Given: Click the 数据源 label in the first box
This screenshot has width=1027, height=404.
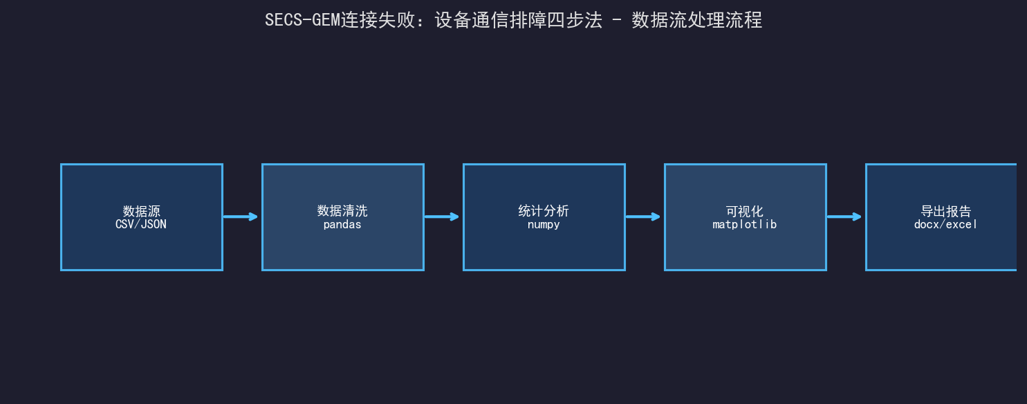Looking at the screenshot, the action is pos(142,212).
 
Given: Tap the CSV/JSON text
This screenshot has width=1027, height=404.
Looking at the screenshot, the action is pos(141,224).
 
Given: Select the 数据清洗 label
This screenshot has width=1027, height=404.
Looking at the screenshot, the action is pos(342,211).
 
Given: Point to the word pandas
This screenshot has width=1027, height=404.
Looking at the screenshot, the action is pos(342,225).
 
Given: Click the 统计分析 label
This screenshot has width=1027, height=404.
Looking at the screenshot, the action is pos(544,211).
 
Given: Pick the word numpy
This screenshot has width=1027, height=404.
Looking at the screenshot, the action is pos(544,225).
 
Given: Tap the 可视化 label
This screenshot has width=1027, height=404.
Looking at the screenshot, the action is pos(745,212).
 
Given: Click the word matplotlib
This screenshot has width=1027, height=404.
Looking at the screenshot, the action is pos(745,224).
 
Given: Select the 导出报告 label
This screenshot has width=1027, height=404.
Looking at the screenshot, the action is pos(946,212).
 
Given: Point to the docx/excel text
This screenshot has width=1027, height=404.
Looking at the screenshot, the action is pos(945,224).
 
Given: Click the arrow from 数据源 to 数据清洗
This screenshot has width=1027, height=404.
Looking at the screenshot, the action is pos(240,217).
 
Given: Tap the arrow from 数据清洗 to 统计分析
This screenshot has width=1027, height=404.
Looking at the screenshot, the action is pos(441,217).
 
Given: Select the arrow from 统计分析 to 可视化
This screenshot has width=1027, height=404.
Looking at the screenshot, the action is pos(642,217).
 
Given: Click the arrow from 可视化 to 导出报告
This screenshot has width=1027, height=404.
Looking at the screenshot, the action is pos(844,217).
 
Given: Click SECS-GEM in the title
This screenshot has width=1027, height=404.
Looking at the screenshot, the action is pos(303,20).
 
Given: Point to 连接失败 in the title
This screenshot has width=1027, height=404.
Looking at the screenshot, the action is pos(378,20).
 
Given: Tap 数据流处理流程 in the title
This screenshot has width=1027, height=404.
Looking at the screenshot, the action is pos(697,20).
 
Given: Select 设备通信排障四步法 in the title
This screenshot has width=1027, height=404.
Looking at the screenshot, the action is pos(519,20).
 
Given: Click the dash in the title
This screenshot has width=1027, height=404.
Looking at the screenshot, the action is pos(617,21).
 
